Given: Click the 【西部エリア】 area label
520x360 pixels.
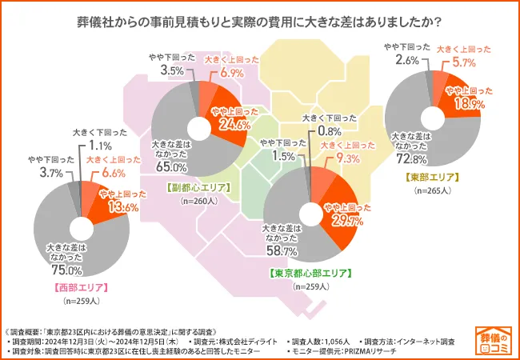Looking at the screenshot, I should click(x=81, y=286).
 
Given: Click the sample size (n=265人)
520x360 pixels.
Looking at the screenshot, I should click(x=432, y=191).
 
